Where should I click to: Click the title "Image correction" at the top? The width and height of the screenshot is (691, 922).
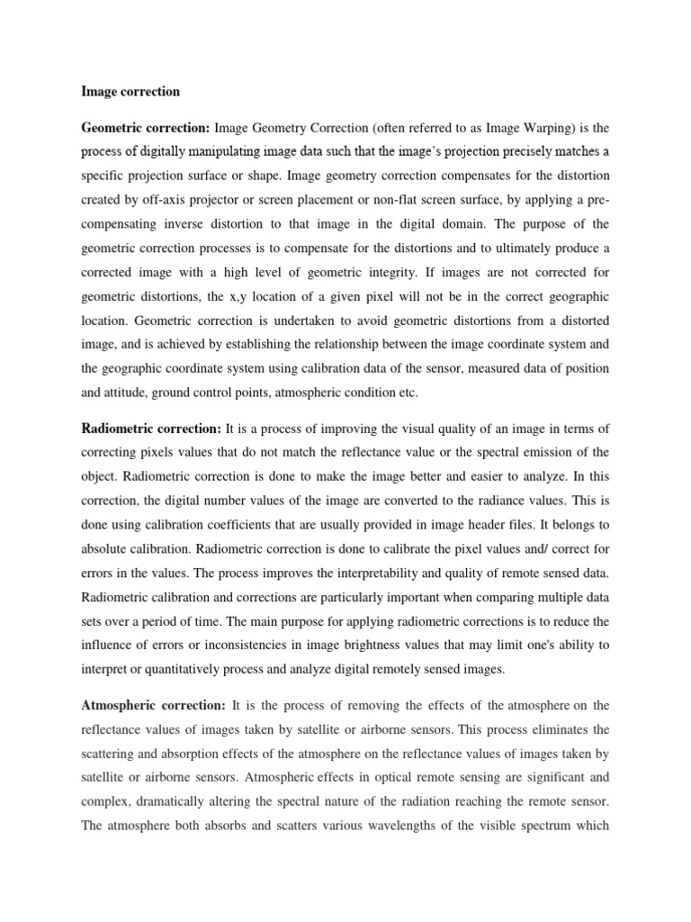click(x=130, y=91)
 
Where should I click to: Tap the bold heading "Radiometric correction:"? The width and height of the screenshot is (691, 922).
click(x=151, y=427)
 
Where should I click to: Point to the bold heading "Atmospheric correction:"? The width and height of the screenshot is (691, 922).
click(x=153, y=679)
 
